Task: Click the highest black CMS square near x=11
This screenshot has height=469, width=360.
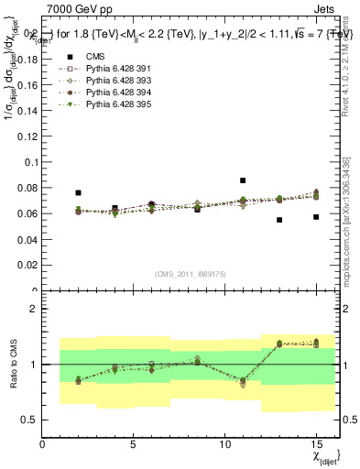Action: [x=243, y=180]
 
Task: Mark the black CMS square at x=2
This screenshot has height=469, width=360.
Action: [x=79, y=193]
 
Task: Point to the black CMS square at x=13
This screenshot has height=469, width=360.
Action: [x=279, y=220]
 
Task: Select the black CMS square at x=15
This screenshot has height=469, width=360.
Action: [x=316, y=217]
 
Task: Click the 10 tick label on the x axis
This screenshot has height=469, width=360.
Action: [x=224, y=444]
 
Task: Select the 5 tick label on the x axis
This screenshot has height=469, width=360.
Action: [x=134, y=444]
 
